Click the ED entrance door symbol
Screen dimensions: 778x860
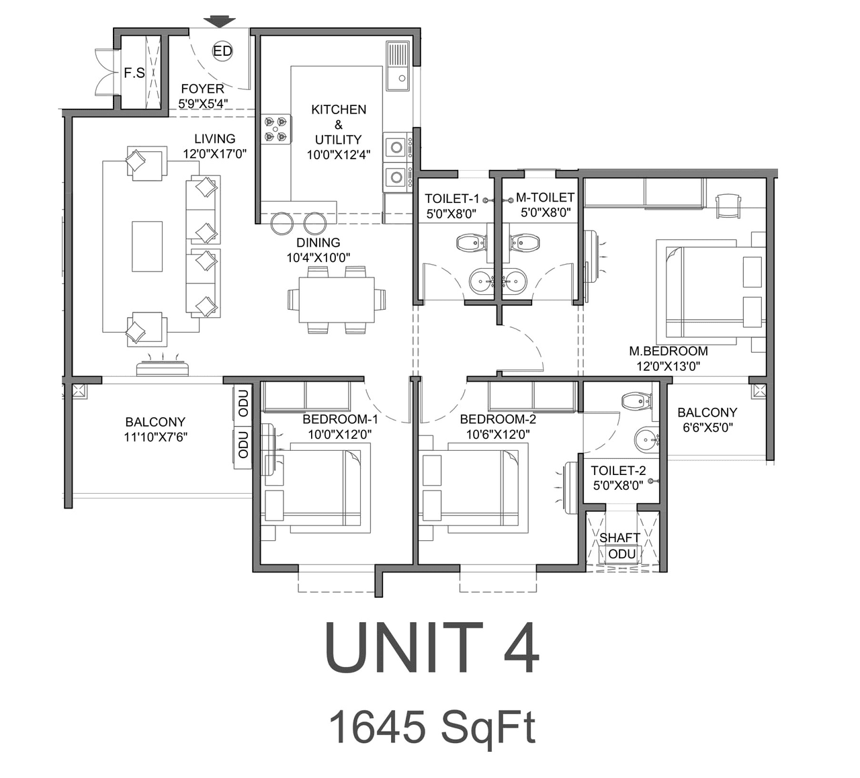[222, 51]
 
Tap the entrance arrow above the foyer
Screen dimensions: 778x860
[220, 22]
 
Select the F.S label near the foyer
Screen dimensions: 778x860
[134, 73]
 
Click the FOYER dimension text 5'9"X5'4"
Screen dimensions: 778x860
[203, 103]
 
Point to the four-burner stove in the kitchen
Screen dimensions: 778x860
[276, 129]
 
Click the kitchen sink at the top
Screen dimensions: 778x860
[397, 66]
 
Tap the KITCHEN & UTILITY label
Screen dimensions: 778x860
[339, 124]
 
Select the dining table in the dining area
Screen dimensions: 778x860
[337, 300]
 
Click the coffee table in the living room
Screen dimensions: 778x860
[147, 247]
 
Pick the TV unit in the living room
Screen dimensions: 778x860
[162, 368]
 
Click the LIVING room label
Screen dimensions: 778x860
[215, 138]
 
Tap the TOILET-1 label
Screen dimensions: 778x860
[451, 198]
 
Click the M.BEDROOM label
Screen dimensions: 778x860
[668, 351]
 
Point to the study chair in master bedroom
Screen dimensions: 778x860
[728, 205]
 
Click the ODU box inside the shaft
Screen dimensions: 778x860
[621, 554]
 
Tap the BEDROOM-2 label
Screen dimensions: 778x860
[498, 419]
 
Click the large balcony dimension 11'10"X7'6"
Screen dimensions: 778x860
[155, 437]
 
